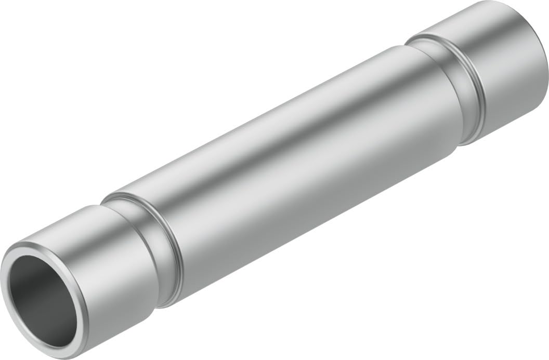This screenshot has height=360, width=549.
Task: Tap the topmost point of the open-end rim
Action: click(x=26, y=243)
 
